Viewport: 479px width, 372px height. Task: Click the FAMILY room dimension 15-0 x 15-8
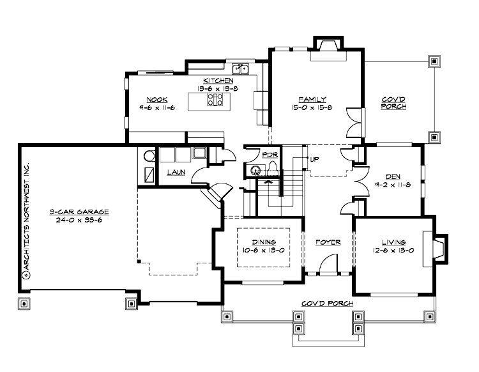click(x=313, y=108)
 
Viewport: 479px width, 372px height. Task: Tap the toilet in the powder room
click(x=272, y=168)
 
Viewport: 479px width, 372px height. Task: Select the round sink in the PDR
click(x=255, y=171)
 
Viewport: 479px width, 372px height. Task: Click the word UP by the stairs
click(x=314, y=159)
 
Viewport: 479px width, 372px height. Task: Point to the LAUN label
click(x=176, y=173)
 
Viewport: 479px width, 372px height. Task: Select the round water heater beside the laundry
click(x=149, y=155)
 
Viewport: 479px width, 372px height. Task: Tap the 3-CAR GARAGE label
click(x=80, y=212)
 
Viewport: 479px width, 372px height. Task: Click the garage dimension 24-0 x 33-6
click(x=80, y=220)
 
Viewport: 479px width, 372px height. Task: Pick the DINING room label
click(x=263, y=242)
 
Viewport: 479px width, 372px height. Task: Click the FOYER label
click(x=328, y=242)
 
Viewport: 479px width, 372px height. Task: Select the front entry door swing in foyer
click(x=329, y=264)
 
